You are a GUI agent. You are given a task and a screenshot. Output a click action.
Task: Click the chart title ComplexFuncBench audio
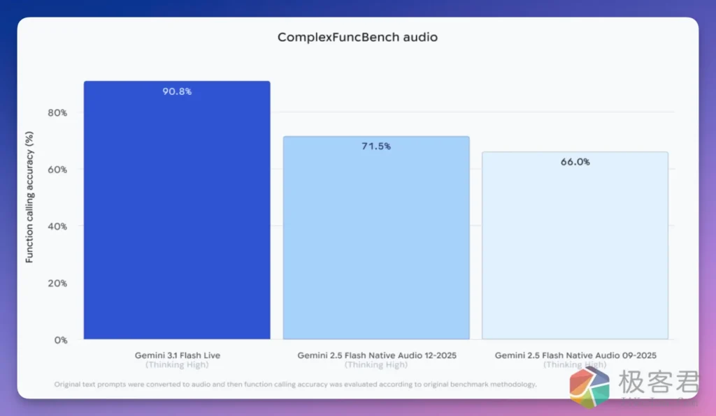pyautogui.click(x=357, y=37)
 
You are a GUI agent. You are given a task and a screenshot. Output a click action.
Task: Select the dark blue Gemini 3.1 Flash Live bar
pyautogui.click(x=177, y=216)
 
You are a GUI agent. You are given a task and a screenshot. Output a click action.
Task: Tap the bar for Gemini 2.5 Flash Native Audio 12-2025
pyautogui.click(x=376, y=241)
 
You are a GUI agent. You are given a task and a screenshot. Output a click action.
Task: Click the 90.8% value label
pyautogui.click(x=177, y=91)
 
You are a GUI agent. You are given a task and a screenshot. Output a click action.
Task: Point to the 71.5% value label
pyautogui.click(x=376, y=146)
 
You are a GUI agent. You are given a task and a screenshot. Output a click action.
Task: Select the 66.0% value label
pyautogui.click(x=575, y=161)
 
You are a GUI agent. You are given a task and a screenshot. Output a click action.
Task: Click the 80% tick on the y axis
pyautogui.click(x=57, y=112)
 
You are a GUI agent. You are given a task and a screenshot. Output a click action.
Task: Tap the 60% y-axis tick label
pyautogui.click(x=57, y=169)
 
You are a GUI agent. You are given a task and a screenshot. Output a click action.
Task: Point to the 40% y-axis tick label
pyautogui.click(x=57, y=226)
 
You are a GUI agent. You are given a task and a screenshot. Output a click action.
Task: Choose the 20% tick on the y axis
pyautogui.click(x=57, y=283)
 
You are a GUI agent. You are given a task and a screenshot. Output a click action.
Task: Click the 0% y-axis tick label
pyautogui.click(x=60, y=340)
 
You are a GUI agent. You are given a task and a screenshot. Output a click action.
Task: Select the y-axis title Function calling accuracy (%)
pyautogui.click(x=29, y=198)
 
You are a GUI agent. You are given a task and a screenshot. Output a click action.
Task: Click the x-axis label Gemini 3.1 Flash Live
pyautogui.click(x=177, y=355)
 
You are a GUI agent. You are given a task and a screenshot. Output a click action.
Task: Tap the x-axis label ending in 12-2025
pyautogui.click(x=376, y=355)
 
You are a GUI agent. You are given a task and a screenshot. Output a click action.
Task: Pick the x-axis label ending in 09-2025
pyautogui.click(x=575, y=355)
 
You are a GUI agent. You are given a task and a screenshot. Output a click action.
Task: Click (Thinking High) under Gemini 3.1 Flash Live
pyautogui.click(x=177, y=365)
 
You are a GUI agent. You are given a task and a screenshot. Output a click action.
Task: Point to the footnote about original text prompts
pyautogui.click(x=294, y=384)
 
